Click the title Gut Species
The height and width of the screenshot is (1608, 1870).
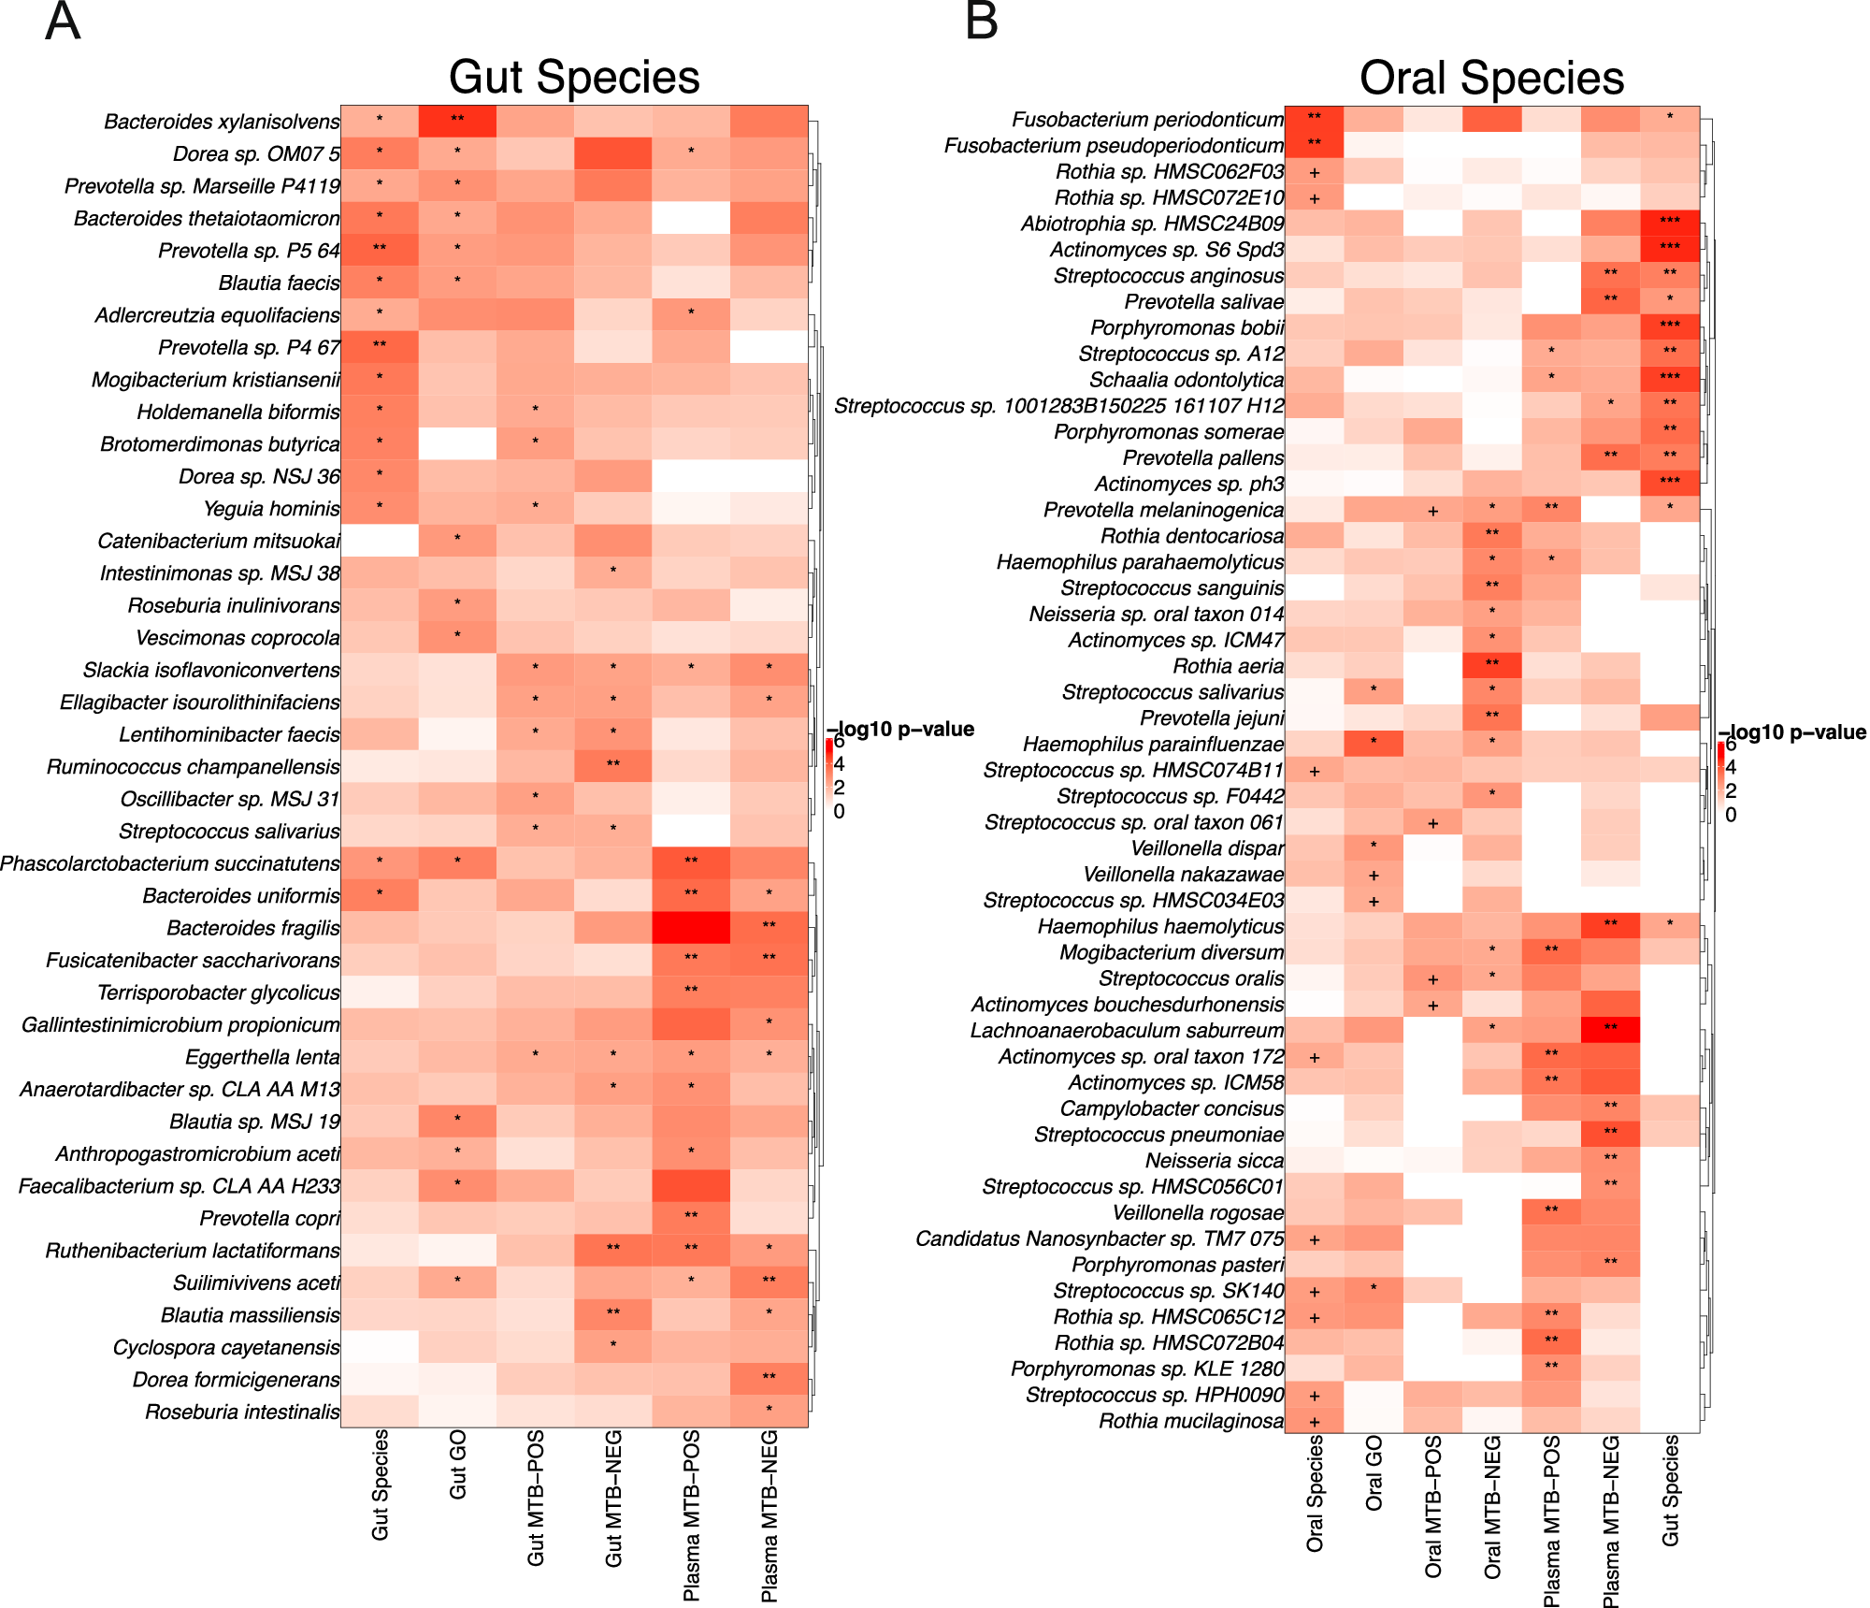[x=573, y=78]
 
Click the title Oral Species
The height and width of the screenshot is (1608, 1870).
[x=1491, y=78]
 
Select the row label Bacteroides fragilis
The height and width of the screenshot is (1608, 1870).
[x=252, y=928]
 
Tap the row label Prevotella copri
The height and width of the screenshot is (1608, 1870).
[x=269, y=1218]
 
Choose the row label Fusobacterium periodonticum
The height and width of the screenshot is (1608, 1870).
[x=1147, y=120]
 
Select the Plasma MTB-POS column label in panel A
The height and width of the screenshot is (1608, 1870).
[x=691, y=1515]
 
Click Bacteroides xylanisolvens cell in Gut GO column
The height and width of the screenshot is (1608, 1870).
[x=457, y=121]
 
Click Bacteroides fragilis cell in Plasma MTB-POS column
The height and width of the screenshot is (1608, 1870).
[x=691, y=928]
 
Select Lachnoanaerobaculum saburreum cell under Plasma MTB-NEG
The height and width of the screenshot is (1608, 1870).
[x=1610, y=1030]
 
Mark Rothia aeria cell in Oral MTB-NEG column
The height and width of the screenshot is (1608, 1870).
[x=1492, y=666]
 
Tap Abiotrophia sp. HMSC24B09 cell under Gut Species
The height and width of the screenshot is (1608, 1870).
[x=1670, y=223]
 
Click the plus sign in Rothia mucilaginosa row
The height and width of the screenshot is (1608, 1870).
[x=1315, y=1422]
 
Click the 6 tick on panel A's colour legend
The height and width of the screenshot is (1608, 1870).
[x=839, y=743]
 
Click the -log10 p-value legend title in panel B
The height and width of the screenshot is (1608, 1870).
[x=1792, y=732]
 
